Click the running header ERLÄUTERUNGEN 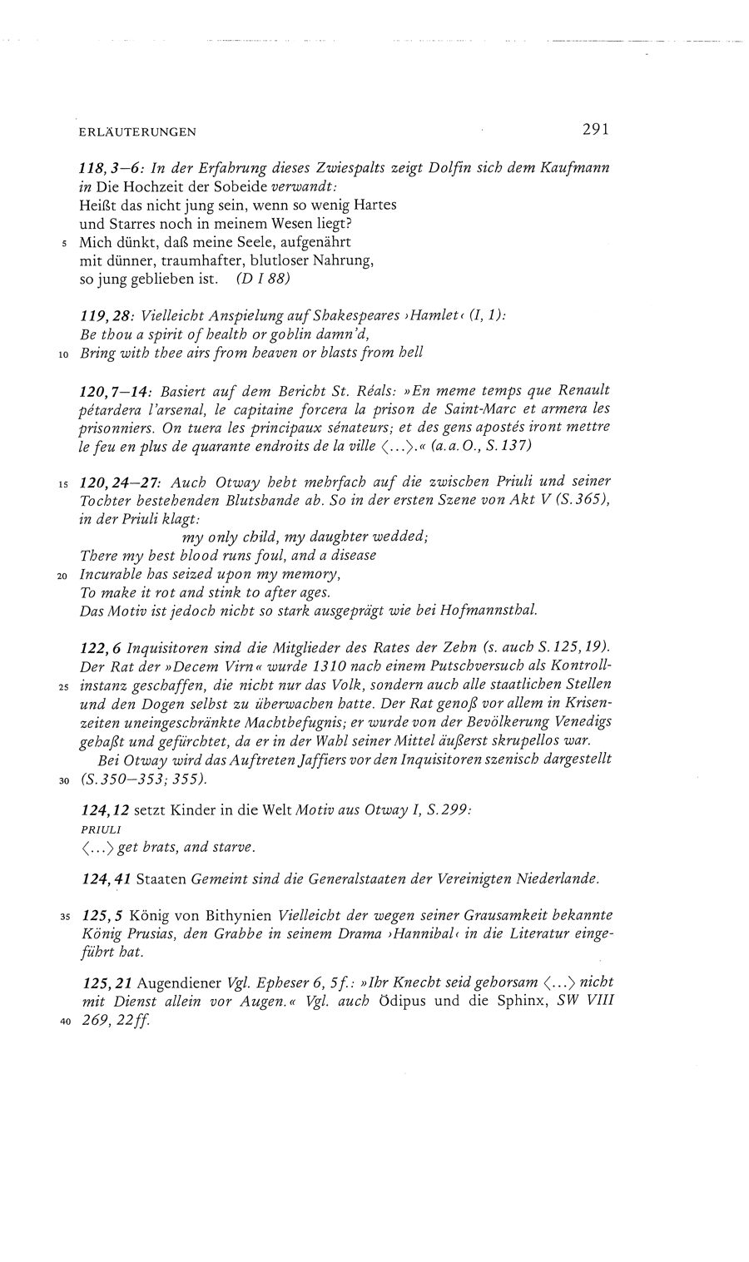[x=138, y=131]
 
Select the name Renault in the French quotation [x=583, y=389]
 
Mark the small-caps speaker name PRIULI [x=101, y=829]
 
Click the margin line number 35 [x=64, y=917]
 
